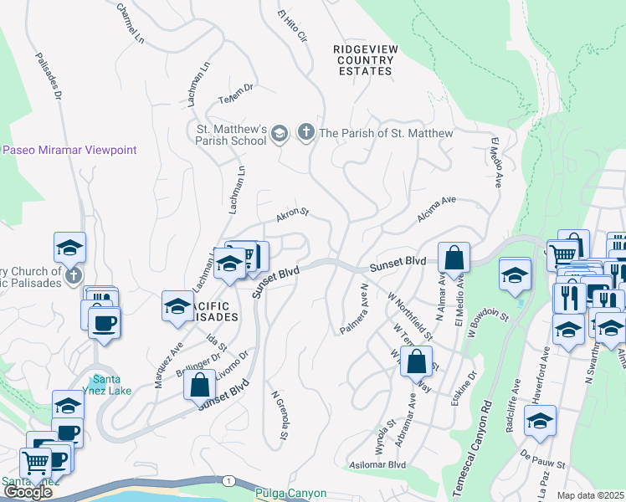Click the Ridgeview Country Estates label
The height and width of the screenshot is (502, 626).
[362, 60]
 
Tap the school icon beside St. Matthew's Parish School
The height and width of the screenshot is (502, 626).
[280, 133]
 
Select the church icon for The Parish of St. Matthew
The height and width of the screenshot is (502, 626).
[306, 132]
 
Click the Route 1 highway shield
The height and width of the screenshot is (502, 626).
[227, 480]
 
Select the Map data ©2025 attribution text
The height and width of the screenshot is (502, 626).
[590, 495]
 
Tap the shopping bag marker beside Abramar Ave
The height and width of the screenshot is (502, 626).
[416, 362]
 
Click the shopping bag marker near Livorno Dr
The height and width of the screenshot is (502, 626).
[199, 386]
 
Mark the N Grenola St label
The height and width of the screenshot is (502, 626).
[280, 413]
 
